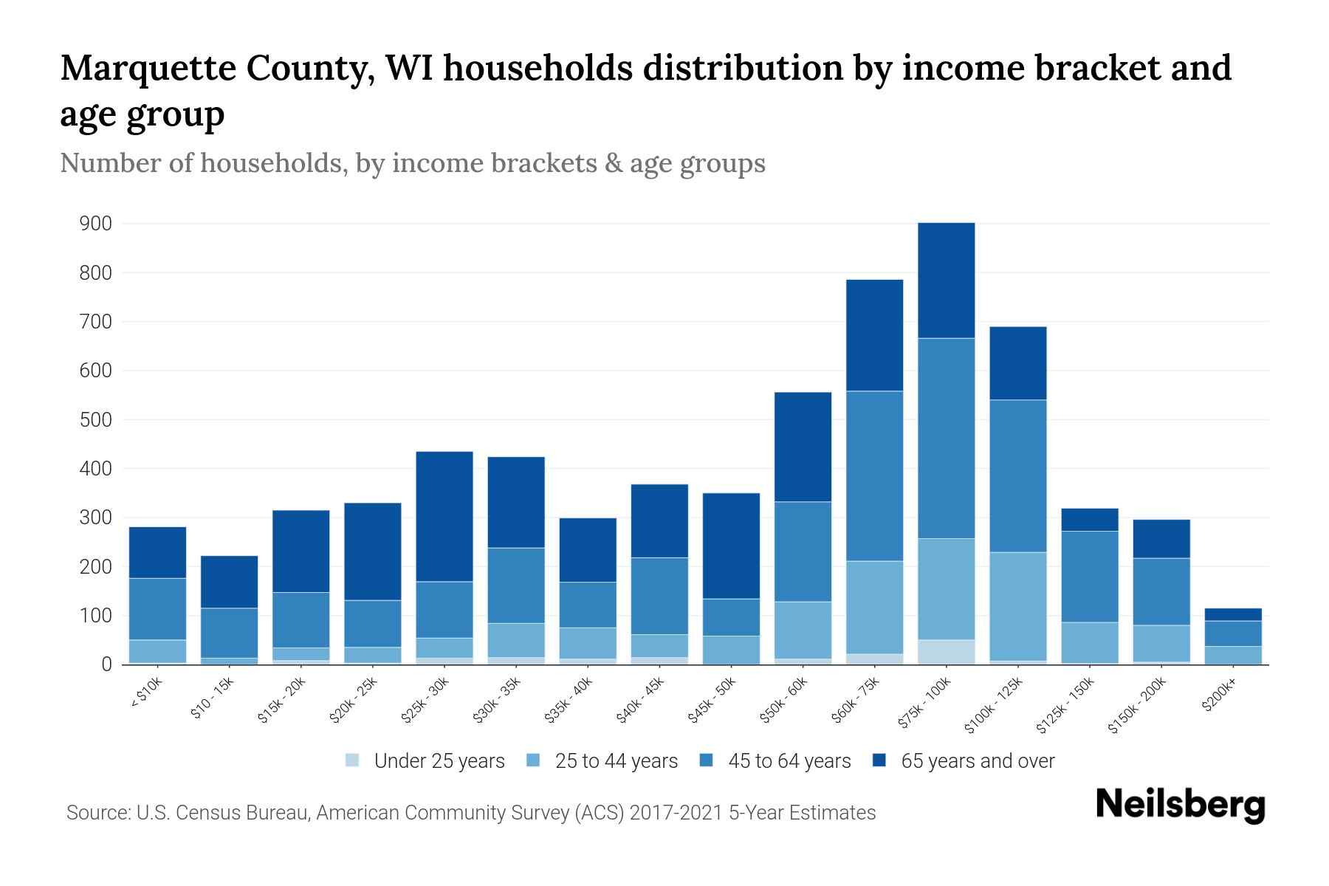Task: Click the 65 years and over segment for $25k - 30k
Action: click(x=444, y=516)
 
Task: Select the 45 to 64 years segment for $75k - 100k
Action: click(x=946, y=438)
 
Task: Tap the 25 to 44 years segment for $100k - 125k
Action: click(x=1017, y=606)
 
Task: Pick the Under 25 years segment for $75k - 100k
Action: click(x=946, y=652)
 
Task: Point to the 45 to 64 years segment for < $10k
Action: click(x=157, y=608)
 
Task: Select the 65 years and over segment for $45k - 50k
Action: click(x=731, y=546)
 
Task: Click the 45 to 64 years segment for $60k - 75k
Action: click(x=874, y=475)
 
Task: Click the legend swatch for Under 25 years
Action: click(x=353, y=760)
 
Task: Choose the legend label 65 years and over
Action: click(x=978, y=760)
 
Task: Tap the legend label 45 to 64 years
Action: click(x=789, y=760)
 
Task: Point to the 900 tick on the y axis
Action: click(x=95, y=224)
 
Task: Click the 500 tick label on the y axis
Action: click(x=95, y=419)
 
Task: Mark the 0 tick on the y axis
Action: click(x=107, y=664)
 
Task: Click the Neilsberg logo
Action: click(x=1180, y=805)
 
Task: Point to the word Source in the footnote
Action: click(x=97, y=813)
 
